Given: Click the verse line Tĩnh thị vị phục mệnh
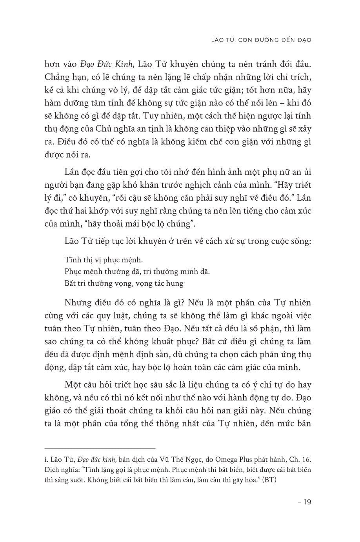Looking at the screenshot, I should (x=98, y=260).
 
